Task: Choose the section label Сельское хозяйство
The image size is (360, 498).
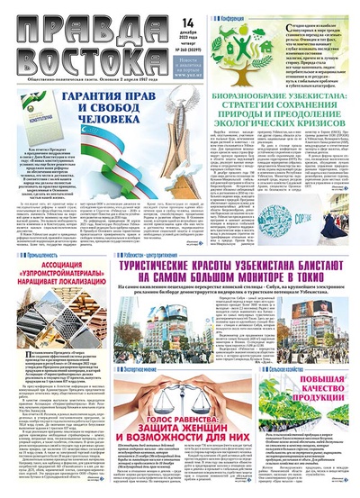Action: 310,371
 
